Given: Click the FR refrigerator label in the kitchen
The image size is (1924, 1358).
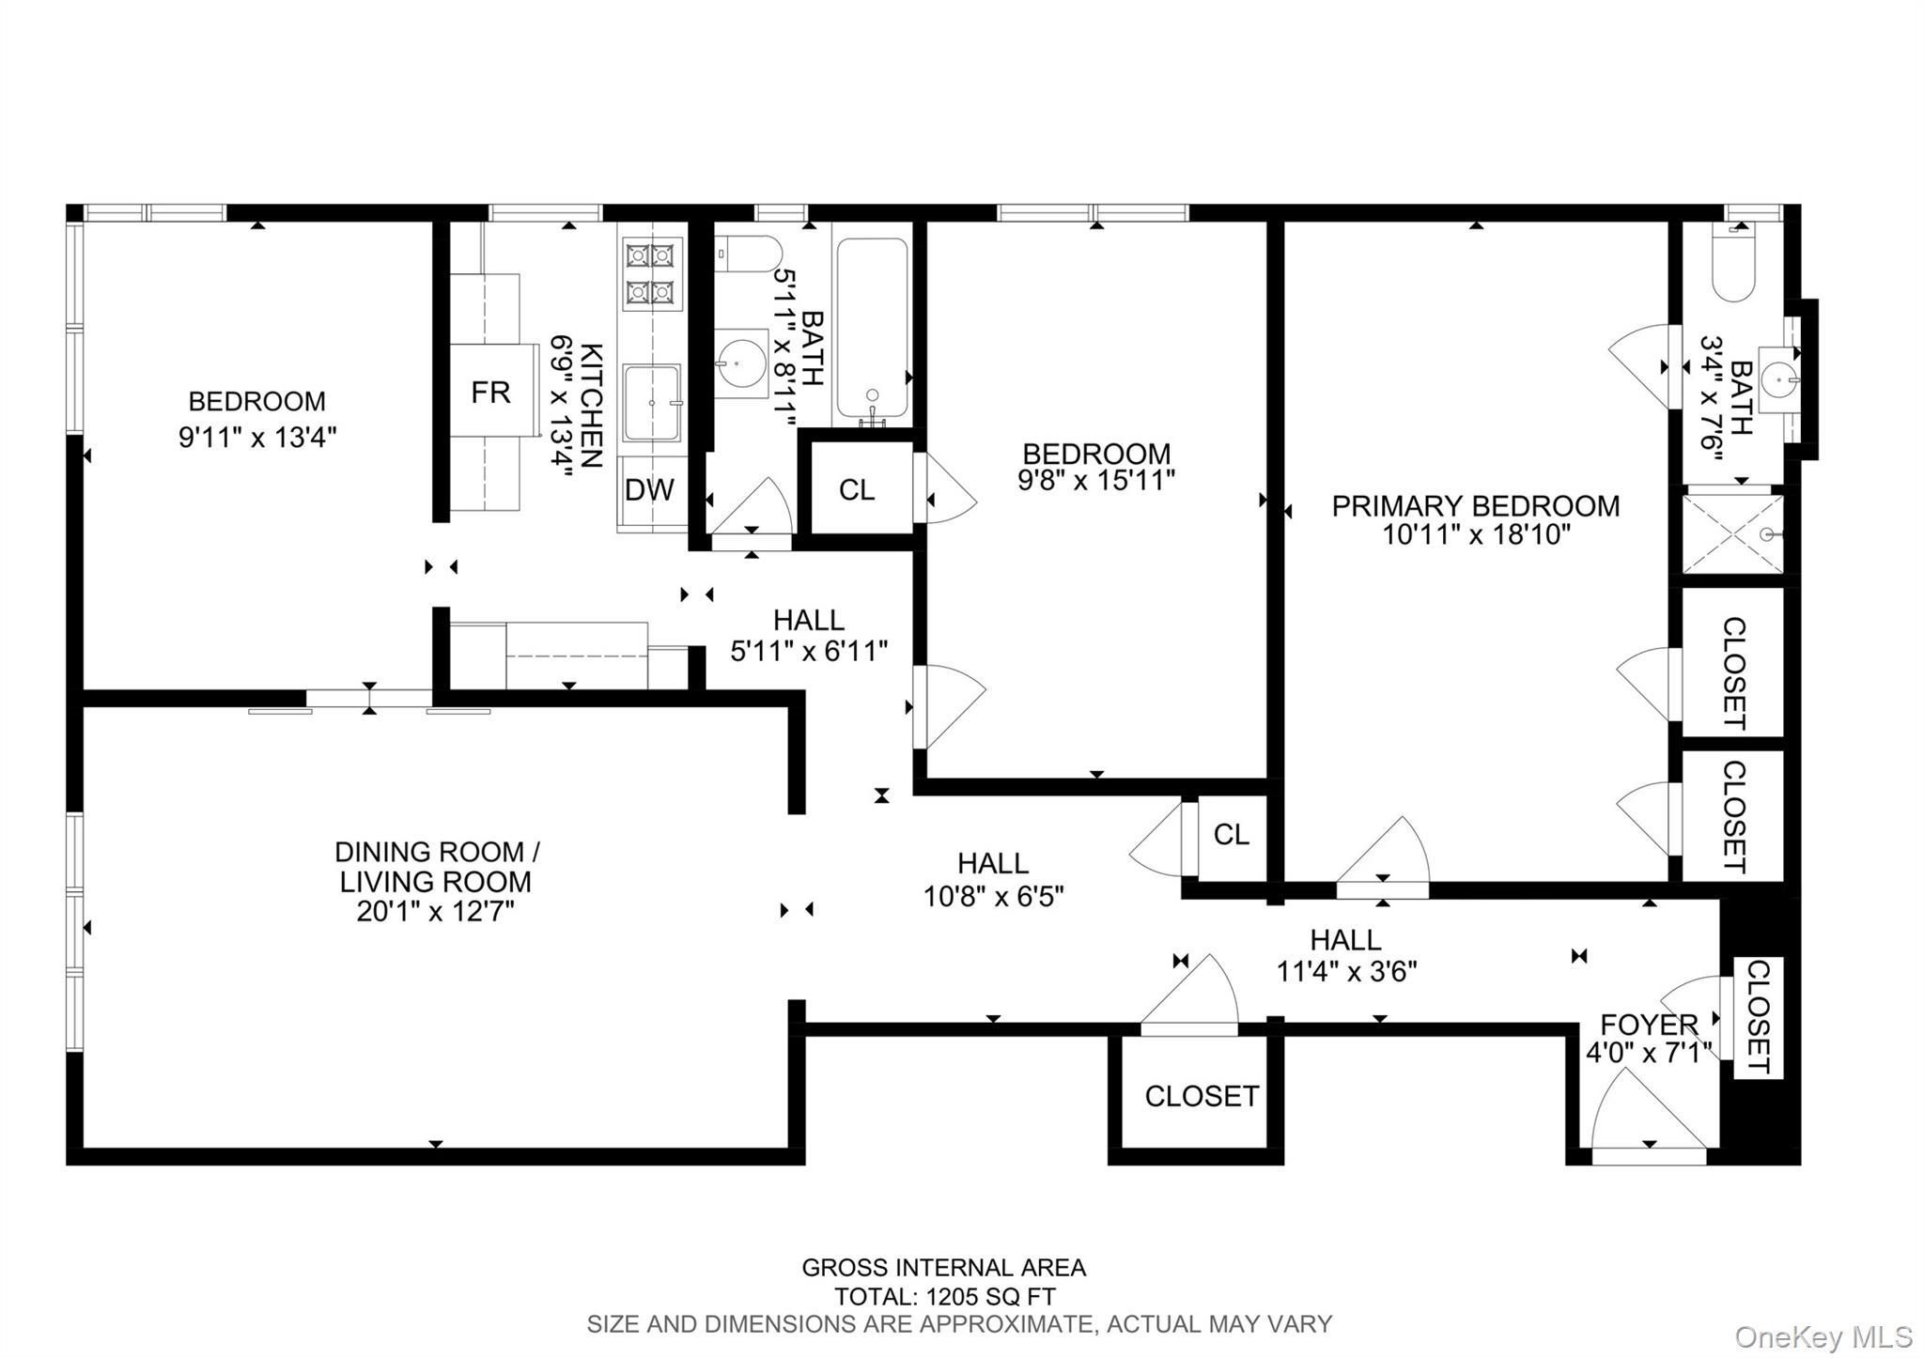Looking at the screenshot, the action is pyautogui.click(x=490, y=392).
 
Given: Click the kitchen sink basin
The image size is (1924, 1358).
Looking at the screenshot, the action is pyautogui.click(x=652, y=403).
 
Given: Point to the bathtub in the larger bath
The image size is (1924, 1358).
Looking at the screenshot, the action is pyautogui.click(x=872, y=329).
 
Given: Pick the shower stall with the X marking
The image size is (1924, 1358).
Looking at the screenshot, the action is pyautogui.click(x=1732, y=534).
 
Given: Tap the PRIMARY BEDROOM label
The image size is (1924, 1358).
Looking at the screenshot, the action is pyautogui.click(x=1476, y=506).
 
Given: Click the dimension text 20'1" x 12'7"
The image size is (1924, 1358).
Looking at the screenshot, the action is pyautogui.click(x=435, y=912).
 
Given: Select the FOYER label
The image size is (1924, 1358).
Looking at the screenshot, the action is pyautogui.click(x=1649, y=1024).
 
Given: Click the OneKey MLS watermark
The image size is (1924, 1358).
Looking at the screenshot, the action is pyautogui.click(x=1823, y=1336).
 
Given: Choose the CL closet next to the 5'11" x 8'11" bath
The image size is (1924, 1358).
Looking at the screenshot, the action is pyautogui.click(x=857, y=489).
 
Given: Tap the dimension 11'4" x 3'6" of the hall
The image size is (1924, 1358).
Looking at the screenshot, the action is pyautogui.click(x=1346, y=971).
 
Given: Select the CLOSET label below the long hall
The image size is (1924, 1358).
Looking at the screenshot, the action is pyautogui.click(x=1202, y=1096).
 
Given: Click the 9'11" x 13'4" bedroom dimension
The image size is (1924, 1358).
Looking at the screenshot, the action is pyautogui.click(x=257, y=437).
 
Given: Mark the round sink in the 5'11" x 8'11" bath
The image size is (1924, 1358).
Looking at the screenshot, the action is pyautogui.click(x=741, y=363).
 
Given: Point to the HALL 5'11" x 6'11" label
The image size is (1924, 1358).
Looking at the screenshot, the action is pyautogui.click(x=809, y=635).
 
